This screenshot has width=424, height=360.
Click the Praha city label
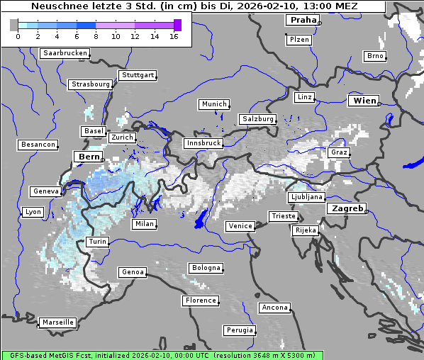pyautogui.click(x=302, y=20)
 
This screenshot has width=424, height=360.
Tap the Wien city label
pyautogui.click(x=364, y=101)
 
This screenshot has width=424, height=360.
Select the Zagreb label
pyautogui.click(x=347, y=209)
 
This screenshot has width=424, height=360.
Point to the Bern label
pyautogui.click(x=89, y=156)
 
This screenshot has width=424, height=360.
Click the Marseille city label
pyautogui.click(x=58, y=322)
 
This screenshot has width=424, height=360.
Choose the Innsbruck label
pyautogui.click(x=203, y=143)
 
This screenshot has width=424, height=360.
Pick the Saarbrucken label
pyautogui.click(x=65, y=53)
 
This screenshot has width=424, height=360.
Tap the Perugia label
pyautogui.click(x=240, y=330)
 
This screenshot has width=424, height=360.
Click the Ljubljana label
pyautogui.click(x=307, y=197)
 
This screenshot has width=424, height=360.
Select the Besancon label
pyautogui.click(x=38, y=145)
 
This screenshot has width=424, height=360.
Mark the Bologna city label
pyautogui.click(x=206, y=268)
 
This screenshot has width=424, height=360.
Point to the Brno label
pyautogui.click(x=374, y=56)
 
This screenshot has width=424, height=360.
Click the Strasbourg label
pyautogui.click(x=91, y=84)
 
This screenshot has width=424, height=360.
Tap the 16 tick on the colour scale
pyautogui.click(x=174, y=36)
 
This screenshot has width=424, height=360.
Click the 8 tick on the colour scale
pyautogui.click(x=96, y=36)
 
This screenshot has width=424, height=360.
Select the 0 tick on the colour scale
pyautogui.click(x=18, y=36)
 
